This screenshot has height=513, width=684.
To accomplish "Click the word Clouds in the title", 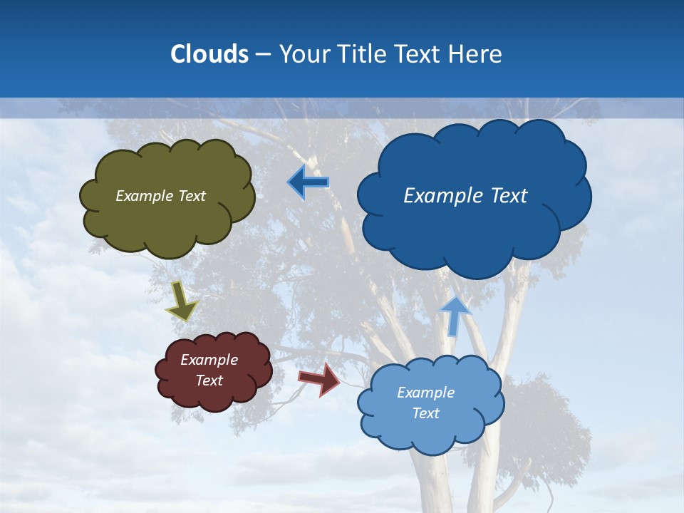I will pyautogui.click(x=209, y=54).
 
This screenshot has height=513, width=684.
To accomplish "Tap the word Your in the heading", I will pyautogui.click(x=304, y=54).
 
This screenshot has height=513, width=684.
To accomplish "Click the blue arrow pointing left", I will pyautogui.click(x=309, y=182).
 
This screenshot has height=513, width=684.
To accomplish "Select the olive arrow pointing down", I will pyautogui.click(x=182, y=301).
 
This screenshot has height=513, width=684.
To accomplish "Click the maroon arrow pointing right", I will pyautogui.click(x=319, y=379).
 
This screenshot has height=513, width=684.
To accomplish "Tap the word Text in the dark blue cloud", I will pyautogui.click(x=507, y=196).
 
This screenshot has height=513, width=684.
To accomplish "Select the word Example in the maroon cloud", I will pyautogui.click(x=209, y=360).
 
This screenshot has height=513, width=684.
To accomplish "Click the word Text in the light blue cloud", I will pyautogui.click(x=426, y=413).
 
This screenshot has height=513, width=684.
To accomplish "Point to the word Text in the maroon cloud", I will pyautogui.click(x=209, y=380).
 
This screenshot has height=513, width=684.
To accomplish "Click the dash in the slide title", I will pyautogui.click(x=263, y=55).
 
